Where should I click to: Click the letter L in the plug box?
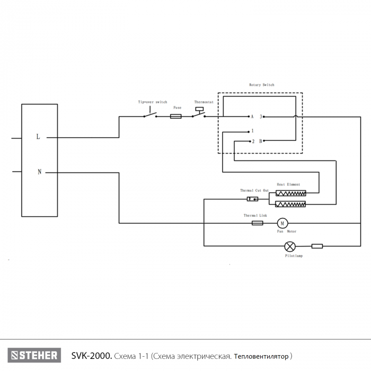tap(38, 137)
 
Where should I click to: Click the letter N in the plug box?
tap(40, 172)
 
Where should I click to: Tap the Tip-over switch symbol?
tap(150, 113)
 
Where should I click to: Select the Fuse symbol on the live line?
tap(176, 116)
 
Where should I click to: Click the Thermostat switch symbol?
tap(199, 113)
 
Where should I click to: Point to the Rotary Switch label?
tap(262, 85)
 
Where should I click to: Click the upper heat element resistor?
tap(291, 193)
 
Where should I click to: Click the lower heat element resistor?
tap(290, 204)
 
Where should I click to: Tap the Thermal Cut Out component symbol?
tap(252, 199)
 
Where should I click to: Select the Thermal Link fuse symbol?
tap(258, 223)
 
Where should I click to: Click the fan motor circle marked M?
tap(282, 223)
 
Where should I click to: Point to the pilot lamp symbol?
tap(290, 246)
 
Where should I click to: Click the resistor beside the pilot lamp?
tap(317, 246)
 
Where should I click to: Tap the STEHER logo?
tap(34, 355)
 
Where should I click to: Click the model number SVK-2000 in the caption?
tap(92, 356)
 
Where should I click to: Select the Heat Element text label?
tap(288, 184)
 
